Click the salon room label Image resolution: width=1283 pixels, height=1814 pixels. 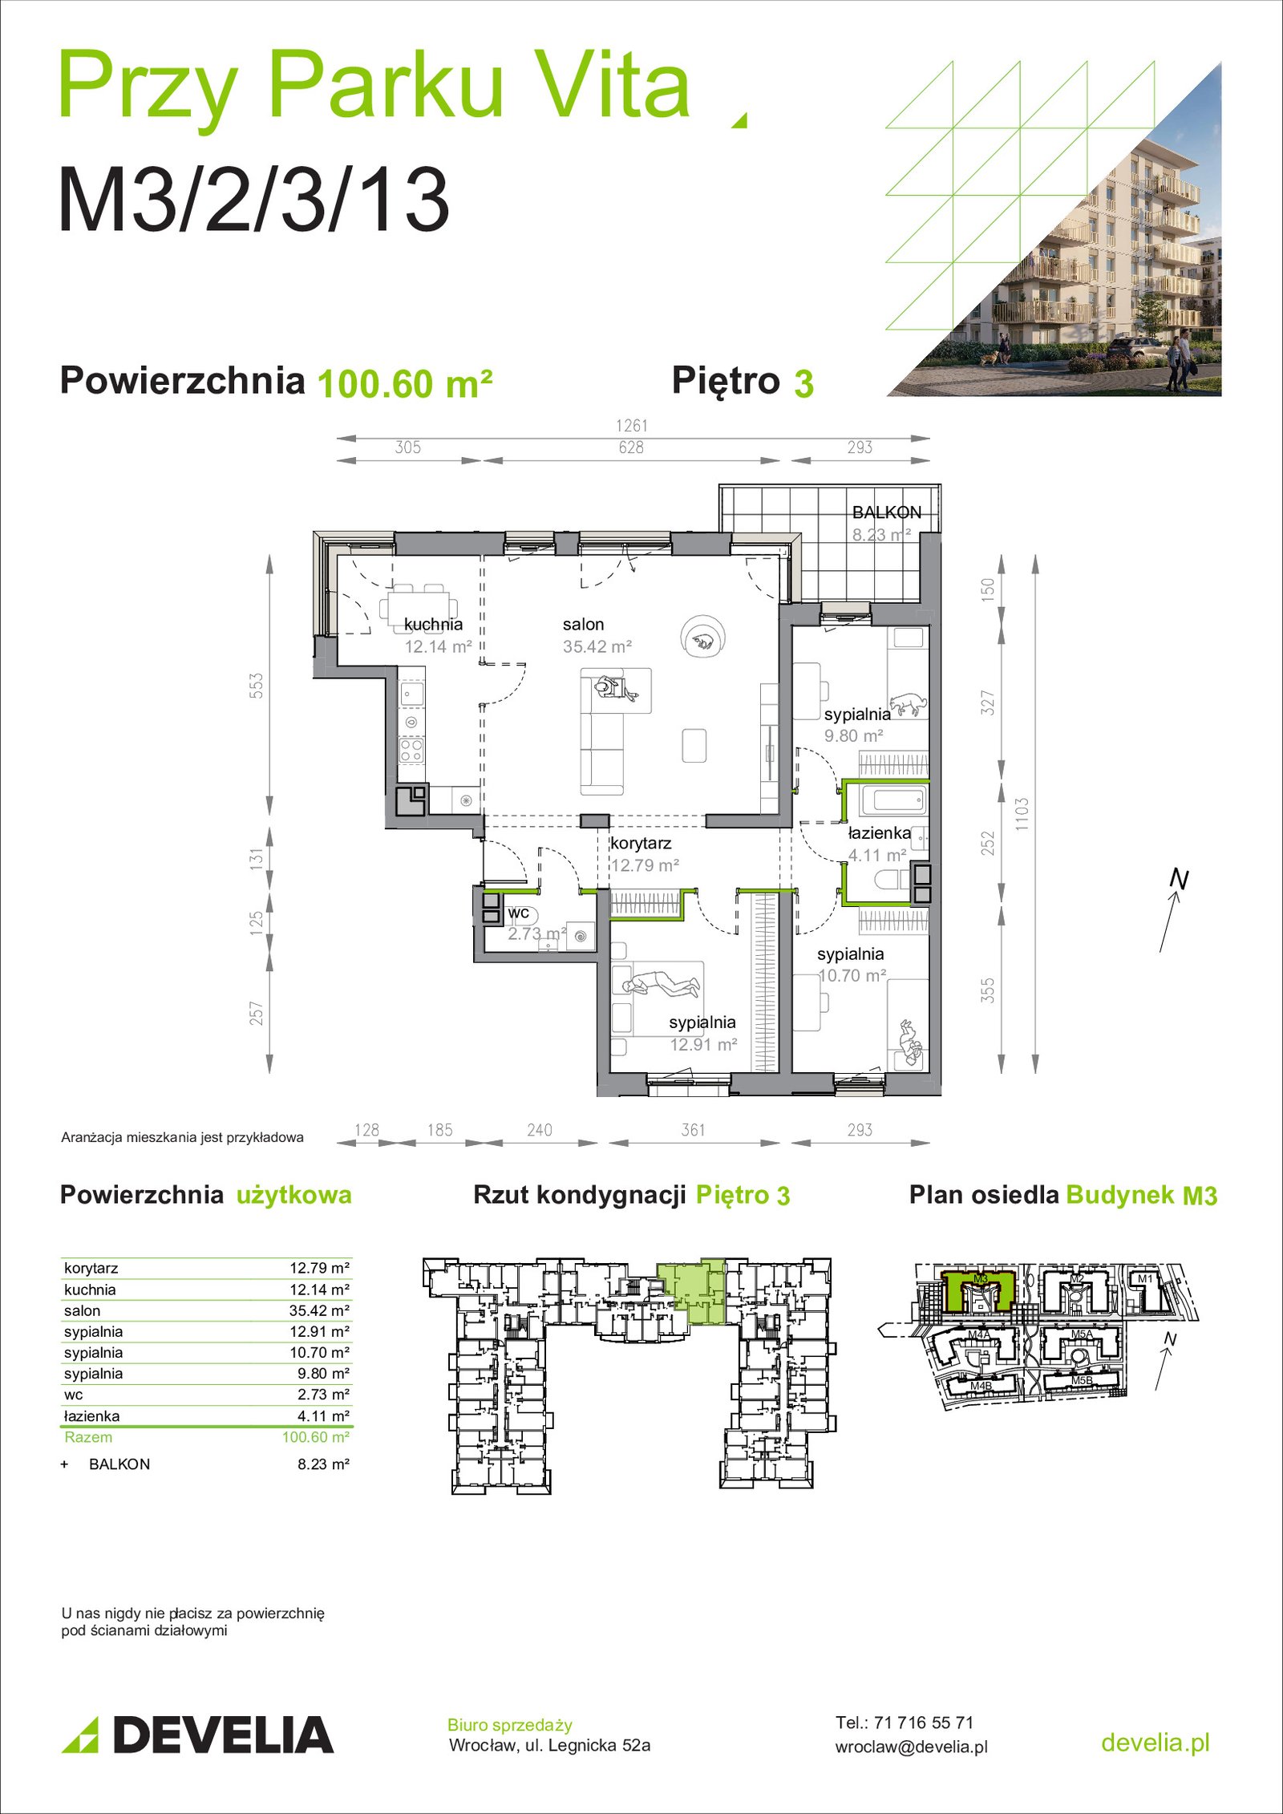(583, 625)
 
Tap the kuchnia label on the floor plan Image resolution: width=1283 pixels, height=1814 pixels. (433, 625)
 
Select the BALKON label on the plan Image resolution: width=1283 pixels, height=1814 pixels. (887, 512)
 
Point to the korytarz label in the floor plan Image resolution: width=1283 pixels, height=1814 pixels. (641, 844)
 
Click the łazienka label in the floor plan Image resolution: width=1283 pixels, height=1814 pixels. (880, 833)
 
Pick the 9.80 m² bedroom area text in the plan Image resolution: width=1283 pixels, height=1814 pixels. (854, 736)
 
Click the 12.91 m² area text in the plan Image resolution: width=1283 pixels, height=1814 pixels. (703, 1045)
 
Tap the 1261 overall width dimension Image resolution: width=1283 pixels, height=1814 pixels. (632, 426)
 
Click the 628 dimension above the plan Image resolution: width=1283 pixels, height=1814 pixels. (631, 447)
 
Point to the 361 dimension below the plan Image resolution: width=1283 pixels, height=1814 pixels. (693, 1130)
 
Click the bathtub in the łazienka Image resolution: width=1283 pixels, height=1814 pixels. (893, 800)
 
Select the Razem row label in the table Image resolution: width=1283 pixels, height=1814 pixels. (88, 1437)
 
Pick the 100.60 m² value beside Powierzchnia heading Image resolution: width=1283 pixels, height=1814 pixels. (405, 384)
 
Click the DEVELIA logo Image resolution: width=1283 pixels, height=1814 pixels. (198, 1735)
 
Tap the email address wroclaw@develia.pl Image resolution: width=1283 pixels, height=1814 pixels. (912, 1747)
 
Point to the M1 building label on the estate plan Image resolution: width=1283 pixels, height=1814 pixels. (1145, 1278)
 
